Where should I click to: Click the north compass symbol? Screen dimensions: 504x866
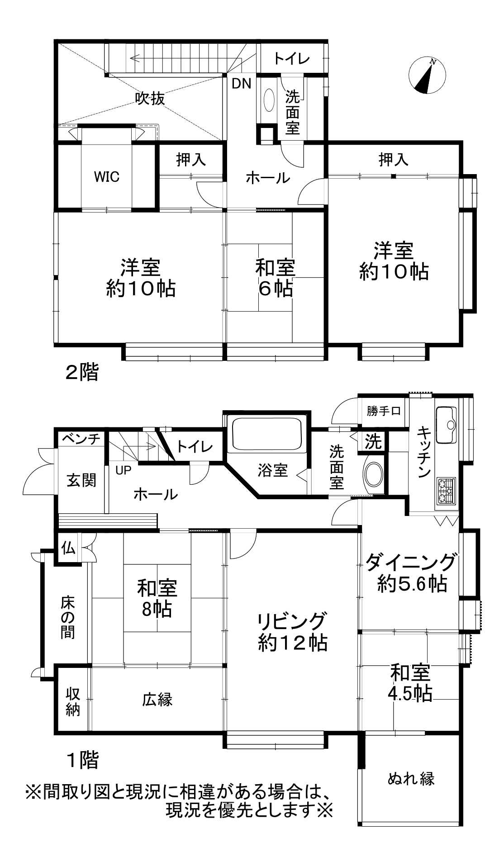click(x=427, y=76)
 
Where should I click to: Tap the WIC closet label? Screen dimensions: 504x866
click(x=107, y=176)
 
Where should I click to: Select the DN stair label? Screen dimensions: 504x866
click(x=242, y=84)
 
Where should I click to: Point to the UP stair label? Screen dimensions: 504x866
click(x=124, y=470)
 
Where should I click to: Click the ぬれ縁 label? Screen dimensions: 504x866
click(x=411, y=778)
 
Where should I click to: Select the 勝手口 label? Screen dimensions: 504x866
click(x=384, y=411)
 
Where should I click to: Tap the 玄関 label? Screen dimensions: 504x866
click(x=81, y=480)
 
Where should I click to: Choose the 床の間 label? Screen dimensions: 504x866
click(x=68, y=617)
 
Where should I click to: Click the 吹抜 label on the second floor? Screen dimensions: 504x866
click(x=150, y=98)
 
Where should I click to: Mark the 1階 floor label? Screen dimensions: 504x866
click(x=82, y=760)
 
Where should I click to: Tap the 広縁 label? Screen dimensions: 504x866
click(x=157, y=700)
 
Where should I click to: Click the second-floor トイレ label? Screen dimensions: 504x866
click(x=292, y=59)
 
